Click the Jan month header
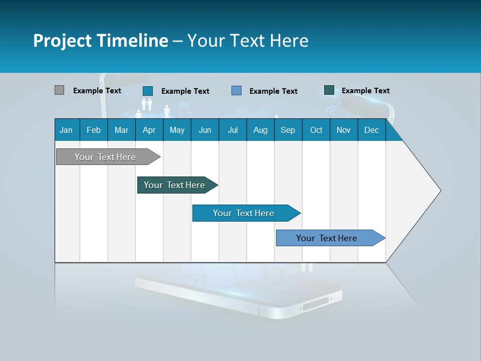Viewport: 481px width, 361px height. click(66, 130)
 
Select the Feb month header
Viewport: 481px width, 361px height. click(94, 130)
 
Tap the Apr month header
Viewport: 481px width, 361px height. click(149, 130)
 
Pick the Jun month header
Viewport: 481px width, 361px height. click(205, 130)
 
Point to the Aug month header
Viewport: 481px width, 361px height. click(260, 130)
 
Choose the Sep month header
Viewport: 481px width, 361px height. click(288, 130)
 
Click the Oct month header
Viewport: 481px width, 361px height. click(316, 130)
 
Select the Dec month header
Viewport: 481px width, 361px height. click(371, 130)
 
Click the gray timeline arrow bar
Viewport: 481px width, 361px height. click(105, 157)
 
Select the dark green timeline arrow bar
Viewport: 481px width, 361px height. click(174, 185)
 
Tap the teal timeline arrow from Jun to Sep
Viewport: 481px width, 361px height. click(244, 213)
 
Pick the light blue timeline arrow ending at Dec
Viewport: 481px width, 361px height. click(327, 238)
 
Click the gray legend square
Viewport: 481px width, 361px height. click(59, 90)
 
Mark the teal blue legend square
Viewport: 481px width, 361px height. click(148, 91)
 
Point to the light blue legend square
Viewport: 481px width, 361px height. click(236, 91)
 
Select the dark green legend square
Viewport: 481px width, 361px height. click(329, 90)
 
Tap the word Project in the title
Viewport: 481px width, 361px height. click(62, 41)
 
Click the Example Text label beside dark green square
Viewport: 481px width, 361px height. click(365, 91)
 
